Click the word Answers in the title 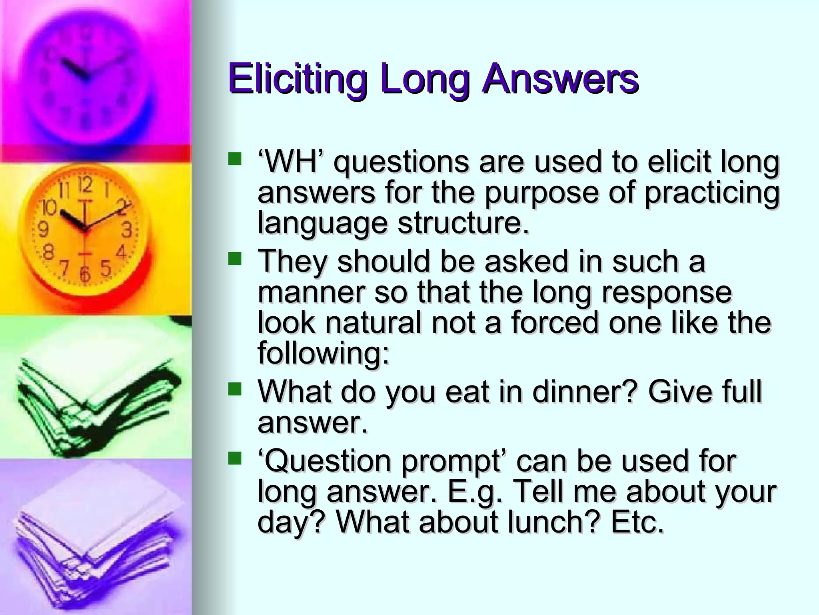coord(560,78)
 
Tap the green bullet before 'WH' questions coord(235,159)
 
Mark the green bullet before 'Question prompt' coord(235,458)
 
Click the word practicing coord(712,193)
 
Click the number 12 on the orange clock coord(85,186)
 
